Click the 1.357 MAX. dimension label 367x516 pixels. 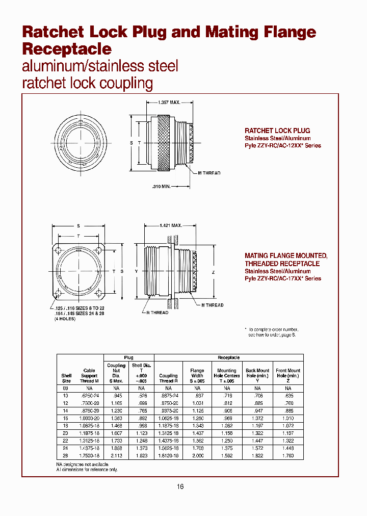169,102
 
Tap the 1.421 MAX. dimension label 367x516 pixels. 171,225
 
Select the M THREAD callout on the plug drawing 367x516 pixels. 209,173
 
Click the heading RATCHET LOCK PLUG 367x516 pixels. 277,131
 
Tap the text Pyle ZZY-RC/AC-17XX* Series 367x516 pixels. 283,279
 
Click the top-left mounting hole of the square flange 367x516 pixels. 60,251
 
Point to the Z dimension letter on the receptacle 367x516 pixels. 213,272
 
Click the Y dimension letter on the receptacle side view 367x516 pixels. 137,271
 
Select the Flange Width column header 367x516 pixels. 197,373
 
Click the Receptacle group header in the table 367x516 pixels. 228,358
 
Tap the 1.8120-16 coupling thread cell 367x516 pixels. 168,456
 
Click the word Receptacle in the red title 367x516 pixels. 67,49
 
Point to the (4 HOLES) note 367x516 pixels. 65,319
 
